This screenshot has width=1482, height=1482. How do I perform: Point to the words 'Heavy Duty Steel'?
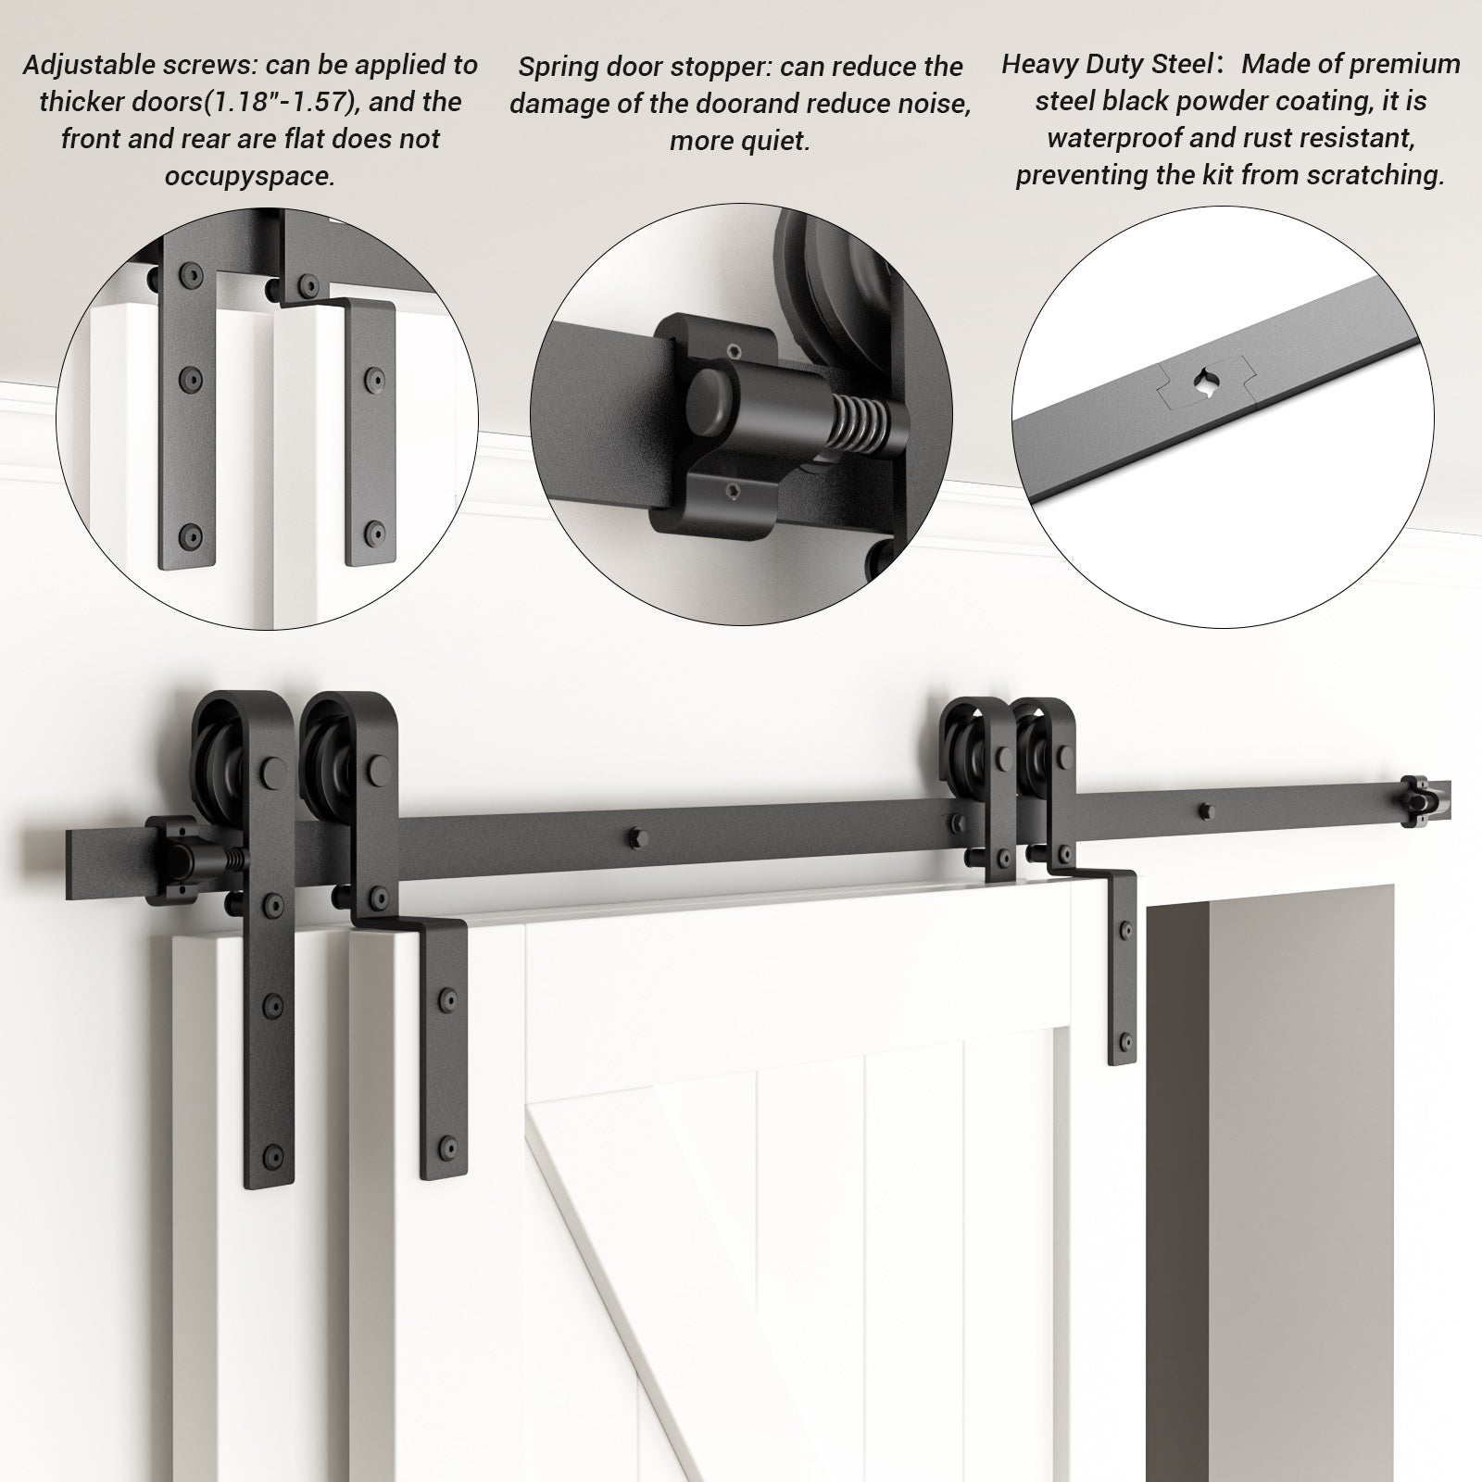pos(1107,64)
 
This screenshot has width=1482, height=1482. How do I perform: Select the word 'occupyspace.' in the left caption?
pos(249,175)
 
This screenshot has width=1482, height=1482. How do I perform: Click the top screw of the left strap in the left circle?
pos(191,275)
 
